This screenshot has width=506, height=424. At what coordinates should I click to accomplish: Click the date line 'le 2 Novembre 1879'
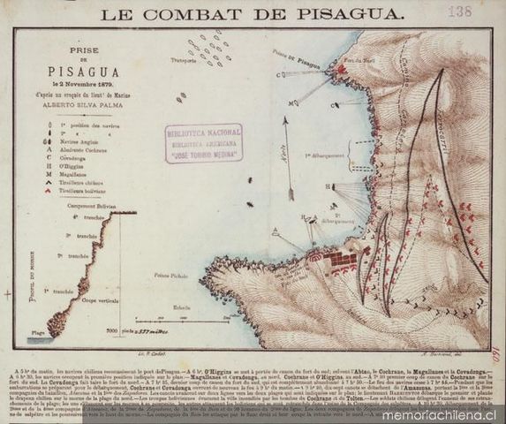pyautogui.click(x=79, y=84)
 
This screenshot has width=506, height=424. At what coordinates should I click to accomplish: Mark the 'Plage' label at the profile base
pyautogui.click(x=37, y=332)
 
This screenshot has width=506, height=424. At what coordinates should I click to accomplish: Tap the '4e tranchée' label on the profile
pyautogui.click(x=88, y=217)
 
